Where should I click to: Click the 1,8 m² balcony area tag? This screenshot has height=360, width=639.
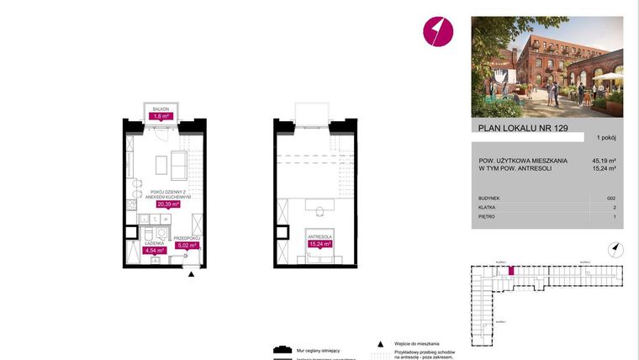(161, 116)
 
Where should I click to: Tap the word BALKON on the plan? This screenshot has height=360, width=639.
(161, 109)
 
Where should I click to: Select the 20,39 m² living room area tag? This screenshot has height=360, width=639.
(169, 203)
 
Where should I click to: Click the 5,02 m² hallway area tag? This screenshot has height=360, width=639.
(186, 246)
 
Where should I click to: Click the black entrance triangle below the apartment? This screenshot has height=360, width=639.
(192, 273)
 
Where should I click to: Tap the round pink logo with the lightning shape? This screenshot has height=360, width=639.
(437, 32)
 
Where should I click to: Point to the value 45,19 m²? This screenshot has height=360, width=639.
(605, 160)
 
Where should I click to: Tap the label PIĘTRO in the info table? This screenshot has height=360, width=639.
(485, 216)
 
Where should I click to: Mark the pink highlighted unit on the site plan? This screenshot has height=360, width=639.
(510, 272)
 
